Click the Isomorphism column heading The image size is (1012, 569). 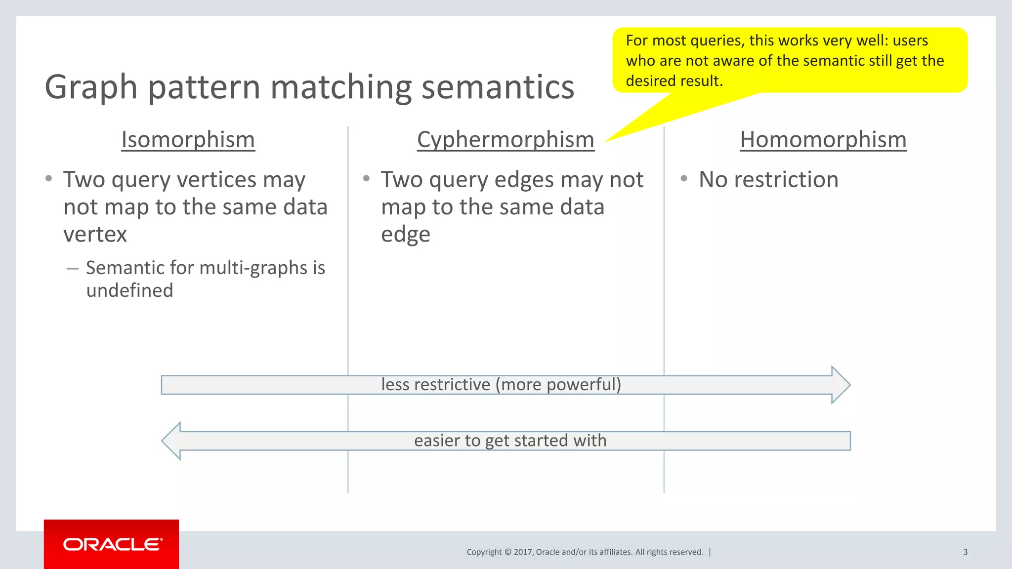(x=188, y=140)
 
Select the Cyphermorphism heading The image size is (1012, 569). (x=506, y=140)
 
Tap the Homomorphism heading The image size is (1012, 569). (x=823, y=140)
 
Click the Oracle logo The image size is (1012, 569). (x=112, y=544)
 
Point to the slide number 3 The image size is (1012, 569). (x=965, y=552)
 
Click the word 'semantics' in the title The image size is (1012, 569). (x=498, y=87)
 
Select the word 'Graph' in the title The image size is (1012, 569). (x=91, y=87)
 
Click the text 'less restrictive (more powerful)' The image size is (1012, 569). (x=501, y=384)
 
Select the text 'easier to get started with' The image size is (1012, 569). (x=510, y=441)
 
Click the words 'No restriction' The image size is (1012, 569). (x=768, y=179)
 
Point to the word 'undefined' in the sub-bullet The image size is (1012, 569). (x=129, y=290)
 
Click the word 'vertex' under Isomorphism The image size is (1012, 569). (x=95, y=234)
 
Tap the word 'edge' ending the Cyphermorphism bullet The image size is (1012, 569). (x=405, y=235)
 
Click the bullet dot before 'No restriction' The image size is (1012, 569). (x=684, y=178)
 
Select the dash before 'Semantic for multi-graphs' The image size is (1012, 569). (x=73, y=268)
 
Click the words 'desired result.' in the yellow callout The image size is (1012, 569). (x=674, y=81)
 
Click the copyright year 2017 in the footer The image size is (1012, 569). (x=523, y=552)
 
